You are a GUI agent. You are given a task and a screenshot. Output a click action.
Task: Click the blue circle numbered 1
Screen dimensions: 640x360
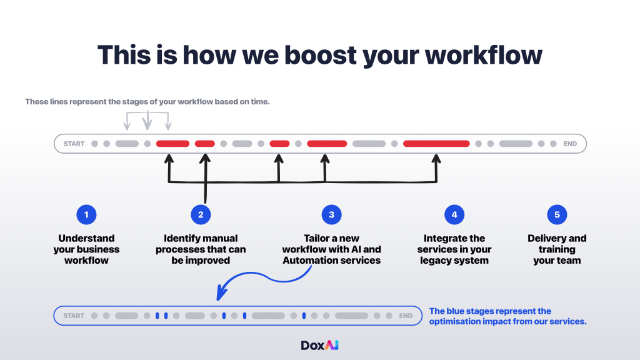pyautogui.click(x=86, y=215)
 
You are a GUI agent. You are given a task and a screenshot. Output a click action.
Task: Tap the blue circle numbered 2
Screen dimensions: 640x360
pyautogui.click(x=201, y=215)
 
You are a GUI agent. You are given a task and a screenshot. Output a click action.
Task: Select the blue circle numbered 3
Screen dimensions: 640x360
pyautogui.click(x=331, y=215)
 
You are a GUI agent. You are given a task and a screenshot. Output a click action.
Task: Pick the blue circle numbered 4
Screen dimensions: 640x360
pyautogui.click(x=454, y=215)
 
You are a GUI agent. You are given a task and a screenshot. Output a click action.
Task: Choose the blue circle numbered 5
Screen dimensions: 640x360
pyautogui.click(x=557, y=215)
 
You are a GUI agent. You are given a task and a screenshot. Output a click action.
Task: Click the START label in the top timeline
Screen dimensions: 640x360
pyautogui.click(x=74, y=144)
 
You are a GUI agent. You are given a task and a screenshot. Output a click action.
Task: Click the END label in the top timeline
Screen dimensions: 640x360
pyautogui.click(x=570, y=144)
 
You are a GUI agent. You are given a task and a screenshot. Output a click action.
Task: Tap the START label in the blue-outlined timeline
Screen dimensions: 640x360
pyautogui.click(x=74, y=316)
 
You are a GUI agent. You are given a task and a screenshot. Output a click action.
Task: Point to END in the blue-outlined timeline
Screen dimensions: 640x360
pyautogui.click(x=406, y=316)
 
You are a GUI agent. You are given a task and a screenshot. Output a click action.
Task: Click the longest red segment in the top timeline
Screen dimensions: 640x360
pyautogui.click(x=436, y=144)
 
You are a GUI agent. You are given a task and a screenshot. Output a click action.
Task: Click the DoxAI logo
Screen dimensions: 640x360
pyautogui.click(x=319, y=345)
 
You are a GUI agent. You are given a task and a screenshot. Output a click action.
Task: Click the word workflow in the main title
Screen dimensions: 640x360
pyautogui.click(x=484, y=55)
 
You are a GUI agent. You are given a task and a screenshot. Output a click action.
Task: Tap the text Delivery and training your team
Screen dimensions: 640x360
pyautogui.click(x=557, y=249)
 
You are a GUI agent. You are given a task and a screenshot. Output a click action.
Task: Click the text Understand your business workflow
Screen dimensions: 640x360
pyautogui.click(x=86, y=249)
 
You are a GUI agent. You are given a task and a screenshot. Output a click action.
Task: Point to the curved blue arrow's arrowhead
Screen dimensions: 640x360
pyautogui.click(x=221, y=294)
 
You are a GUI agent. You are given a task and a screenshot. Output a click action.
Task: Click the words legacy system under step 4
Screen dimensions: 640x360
pyautogui.click(x=454, y=261)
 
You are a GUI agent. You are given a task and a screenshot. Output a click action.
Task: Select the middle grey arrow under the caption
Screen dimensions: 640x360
pyautogui.click(x=147, y=121)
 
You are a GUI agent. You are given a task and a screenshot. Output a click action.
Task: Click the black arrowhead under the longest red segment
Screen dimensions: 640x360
pyautogui.click(x=436, y=159)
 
